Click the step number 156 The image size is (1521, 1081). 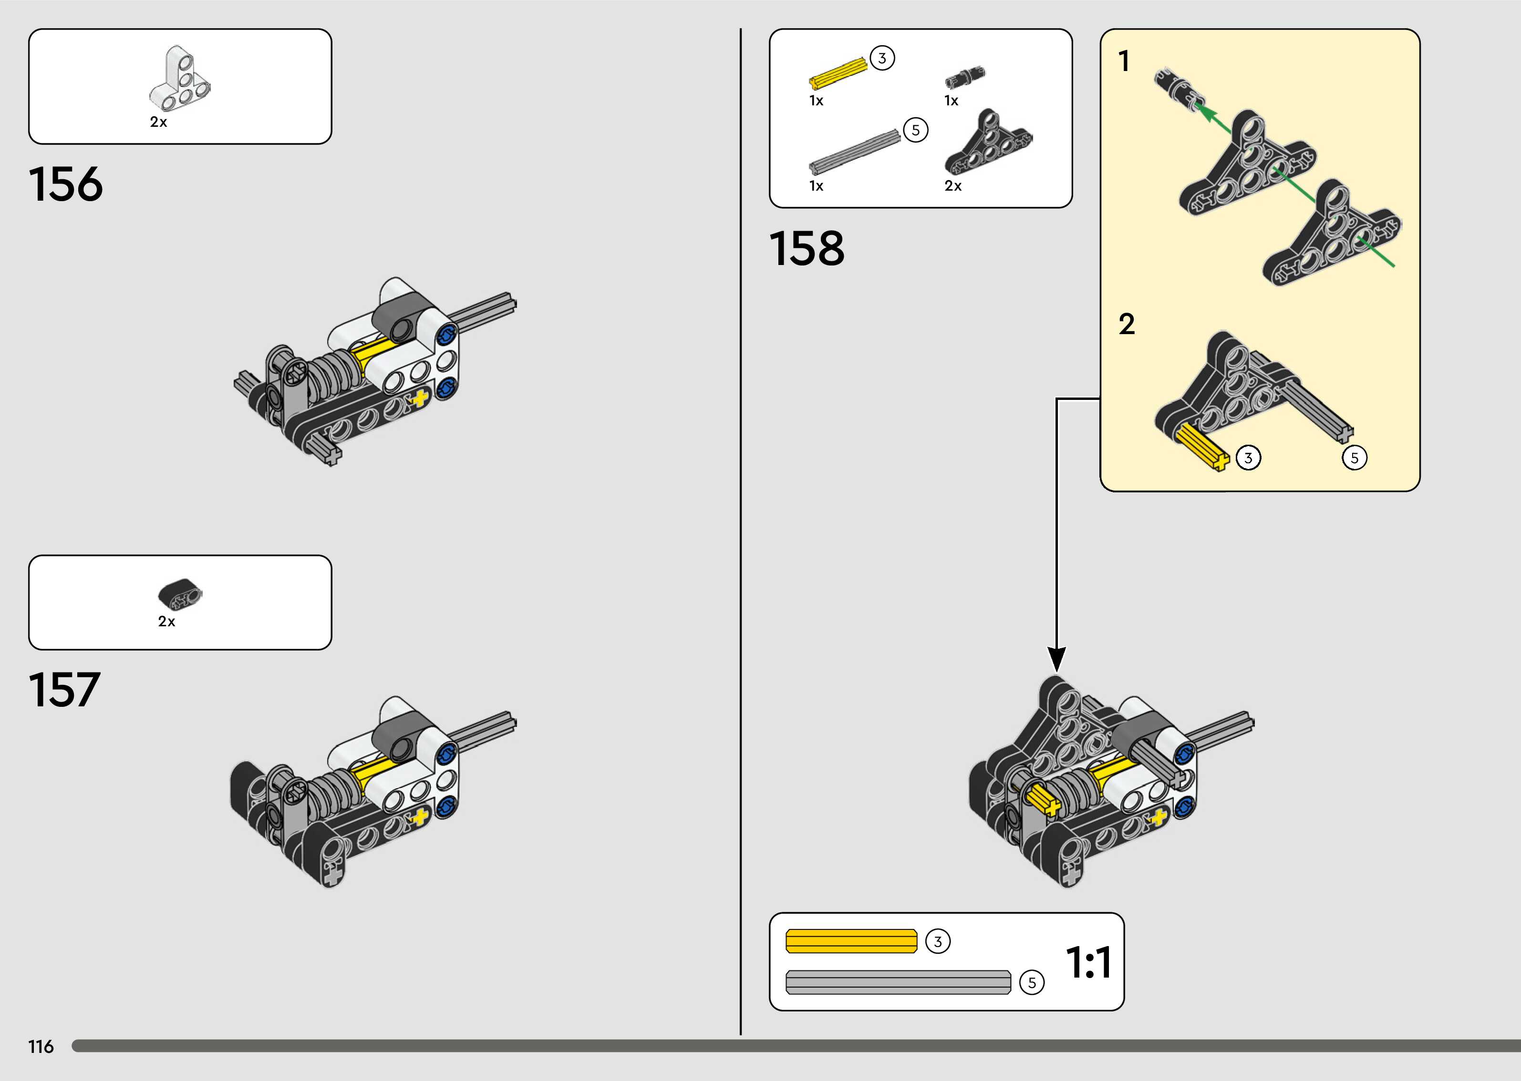tap(66, 184)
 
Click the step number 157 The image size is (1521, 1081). tap(64, 690)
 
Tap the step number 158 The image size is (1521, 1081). tap(807, 249)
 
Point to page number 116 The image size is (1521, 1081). tap(41, 1046)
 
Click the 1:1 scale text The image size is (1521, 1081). tap(1088, 962)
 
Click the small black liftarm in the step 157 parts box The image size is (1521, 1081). tap(180, 594)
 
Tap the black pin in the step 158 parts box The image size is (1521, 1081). tap(965, 77)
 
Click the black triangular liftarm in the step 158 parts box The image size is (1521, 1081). tap(988, 144)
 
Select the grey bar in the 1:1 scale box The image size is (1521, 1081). tap(898, 982)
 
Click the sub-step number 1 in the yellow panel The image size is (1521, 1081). tap(1125, 61)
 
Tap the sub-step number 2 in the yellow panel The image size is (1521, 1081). tap(1127, 324)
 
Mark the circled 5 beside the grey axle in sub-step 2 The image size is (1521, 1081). tap(1354, 458)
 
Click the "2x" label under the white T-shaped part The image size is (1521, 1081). tap(158, 122)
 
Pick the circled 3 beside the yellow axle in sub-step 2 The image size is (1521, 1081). tap(1248, 458)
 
